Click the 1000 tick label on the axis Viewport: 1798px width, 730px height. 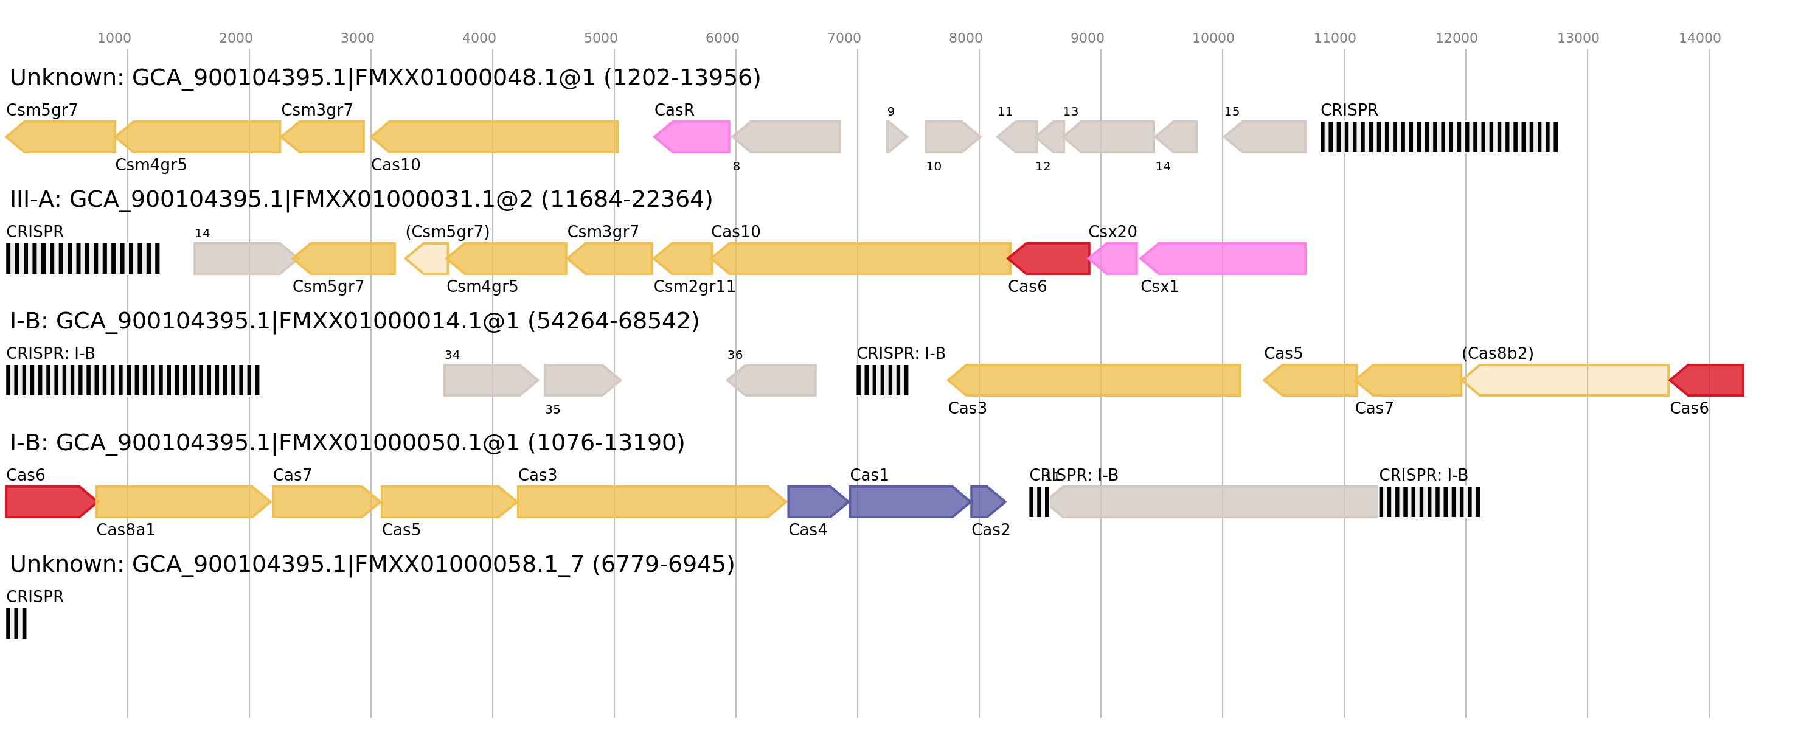tap(114, 38)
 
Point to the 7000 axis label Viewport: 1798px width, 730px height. tap(844, 38)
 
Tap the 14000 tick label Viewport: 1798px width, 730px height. tap(1699, 38)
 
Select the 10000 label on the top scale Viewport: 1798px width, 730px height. tap(1213, 38)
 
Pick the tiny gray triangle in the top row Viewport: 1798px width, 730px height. tap(895, 137)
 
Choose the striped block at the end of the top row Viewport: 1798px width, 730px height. tap(1439, 137)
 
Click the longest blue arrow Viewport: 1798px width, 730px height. tap(908, 502)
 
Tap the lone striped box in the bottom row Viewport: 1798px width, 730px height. tap(16, 623)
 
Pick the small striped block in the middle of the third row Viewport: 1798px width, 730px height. tap(882, 380)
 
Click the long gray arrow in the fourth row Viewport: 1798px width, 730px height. tap(1215, 502)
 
